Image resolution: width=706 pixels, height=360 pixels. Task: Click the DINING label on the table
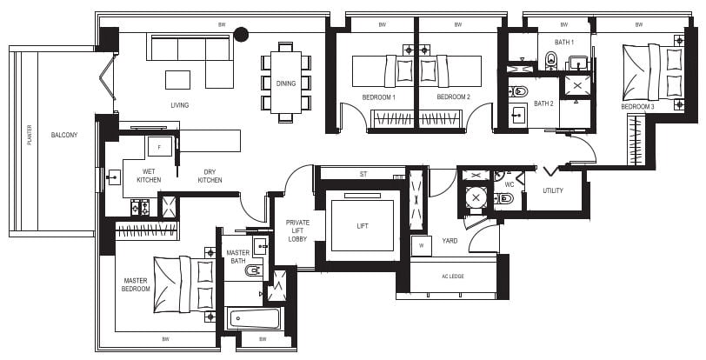coord(286,83)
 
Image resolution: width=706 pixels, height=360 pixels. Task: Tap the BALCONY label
coord(64,135)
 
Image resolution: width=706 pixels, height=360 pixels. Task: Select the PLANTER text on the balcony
coord(30,135)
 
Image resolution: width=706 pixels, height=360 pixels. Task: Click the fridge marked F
coord(160,146)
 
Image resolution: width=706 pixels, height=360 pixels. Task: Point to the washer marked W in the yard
coord(422,246)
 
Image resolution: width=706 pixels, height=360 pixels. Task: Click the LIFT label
coord(363,226)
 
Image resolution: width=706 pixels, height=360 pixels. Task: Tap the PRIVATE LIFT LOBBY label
coord(297,230)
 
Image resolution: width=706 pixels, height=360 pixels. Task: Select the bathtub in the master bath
coord(253,318)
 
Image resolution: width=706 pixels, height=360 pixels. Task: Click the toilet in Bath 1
coord(551,61)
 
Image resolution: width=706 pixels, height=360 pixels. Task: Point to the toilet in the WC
coord(503,197)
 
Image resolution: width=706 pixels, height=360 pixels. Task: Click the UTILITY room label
coord(553,190)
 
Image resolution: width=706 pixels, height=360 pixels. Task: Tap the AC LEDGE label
coord(453,277)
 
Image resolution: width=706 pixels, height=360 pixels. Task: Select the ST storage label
coord(363,174)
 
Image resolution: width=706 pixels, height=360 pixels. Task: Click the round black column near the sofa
coord(242,34)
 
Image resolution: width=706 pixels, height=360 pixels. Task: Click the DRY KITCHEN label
coord(210,176)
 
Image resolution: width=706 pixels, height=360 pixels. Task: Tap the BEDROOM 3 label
coord(637,107)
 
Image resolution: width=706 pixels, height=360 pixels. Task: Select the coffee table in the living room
coord(177,80)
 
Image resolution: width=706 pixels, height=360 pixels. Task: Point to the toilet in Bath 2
coord(518,91)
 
